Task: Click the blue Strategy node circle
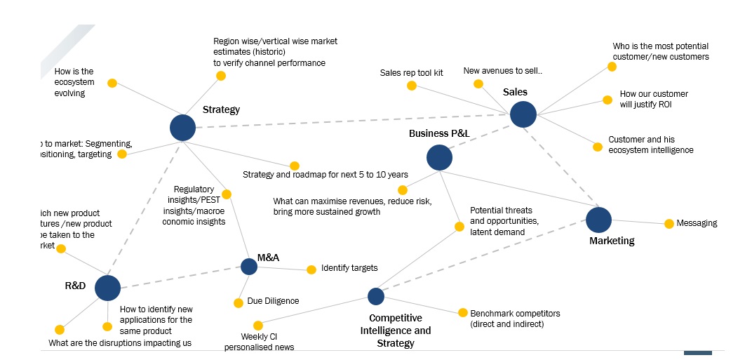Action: pos(182,128)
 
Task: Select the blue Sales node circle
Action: pos(523,114)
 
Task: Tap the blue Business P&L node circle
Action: pos(439,158)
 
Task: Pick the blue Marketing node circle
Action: pos(598,220)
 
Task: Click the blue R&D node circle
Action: pos(107,288)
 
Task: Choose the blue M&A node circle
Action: pos(249,267)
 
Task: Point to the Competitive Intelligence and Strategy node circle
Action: pos(376,296)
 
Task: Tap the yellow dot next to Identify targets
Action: pos(311,269)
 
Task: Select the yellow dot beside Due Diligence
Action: pos(239,303)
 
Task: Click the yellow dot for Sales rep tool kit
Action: pos(412,86)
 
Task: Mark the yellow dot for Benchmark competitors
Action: pos(462,313)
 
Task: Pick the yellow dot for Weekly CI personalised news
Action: pos(258,326)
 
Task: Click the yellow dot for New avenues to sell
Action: pos(478,84)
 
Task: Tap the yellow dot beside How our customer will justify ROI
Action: pos(608,100)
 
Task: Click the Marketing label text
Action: pos(611,241)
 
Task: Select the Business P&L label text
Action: pos(439,133)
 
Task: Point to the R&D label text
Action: pos(75,286)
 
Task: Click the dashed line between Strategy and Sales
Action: pos(351,121)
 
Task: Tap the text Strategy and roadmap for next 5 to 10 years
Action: pos(325,175)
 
